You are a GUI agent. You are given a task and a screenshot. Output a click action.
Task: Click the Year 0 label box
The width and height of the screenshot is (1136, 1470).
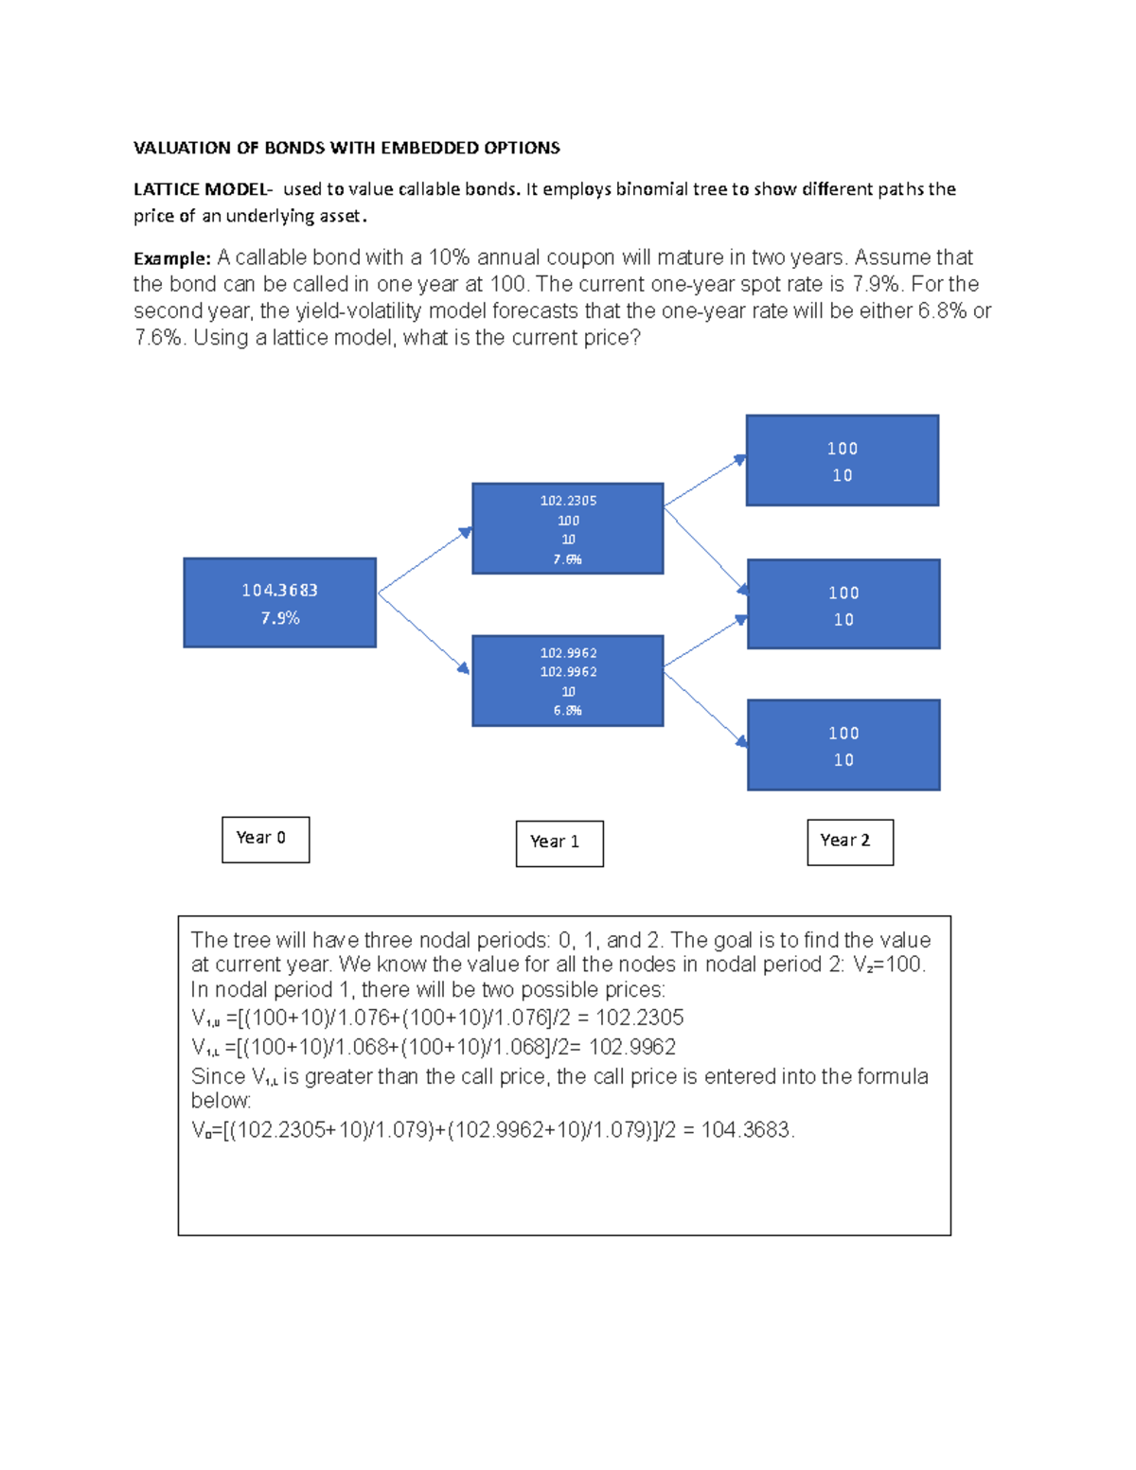[x=265, y=840]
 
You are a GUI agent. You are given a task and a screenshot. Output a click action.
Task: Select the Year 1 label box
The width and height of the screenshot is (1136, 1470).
[x=559, y=843]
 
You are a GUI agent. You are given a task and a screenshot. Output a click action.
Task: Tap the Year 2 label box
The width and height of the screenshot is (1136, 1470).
[x=850, y=841]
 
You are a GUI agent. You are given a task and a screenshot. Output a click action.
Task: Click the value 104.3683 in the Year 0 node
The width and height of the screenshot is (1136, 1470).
[x=279, y=591]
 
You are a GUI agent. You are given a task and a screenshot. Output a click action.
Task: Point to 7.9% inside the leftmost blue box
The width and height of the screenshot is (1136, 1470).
[x=280, y=618]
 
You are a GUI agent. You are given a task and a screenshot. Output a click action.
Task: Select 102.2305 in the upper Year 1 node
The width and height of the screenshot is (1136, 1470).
[x=568, y=501]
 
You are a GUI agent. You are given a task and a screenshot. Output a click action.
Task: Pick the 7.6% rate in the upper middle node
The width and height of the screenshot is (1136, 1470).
[x=567, y=559]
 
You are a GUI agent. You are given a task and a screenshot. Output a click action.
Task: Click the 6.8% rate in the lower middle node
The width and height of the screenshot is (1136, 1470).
[x=567, y=711]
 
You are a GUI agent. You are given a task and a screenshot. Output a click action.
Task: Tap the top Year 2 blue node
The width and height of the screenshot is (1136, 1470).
[x=843, y=461]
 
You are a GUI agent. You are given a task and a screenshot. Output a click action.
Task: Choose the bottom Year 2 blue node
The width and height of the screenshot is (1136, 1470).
[x=843, y=745]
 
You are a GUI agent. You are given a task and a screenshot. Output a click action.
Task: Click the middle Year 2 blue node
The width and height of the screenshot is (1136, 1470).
[x=843, y=605]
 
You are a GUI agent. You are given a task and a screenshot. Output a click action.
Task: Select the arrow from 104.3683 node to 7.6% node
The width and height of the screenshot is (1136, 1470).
[x=424, y=561]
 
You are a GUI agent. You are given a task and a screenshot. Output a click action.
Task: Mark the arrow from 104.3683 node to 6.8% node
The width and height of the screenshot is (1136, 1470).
[x=424, y=632]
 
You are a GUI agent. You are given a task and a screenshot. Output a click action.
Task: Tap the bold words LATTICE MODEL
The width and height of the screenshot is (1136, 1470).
[x=202, y=189]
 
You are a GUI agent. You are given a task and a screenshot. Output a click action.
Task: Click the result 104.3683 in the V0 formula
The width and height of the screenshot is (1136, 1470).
[x=746, y=1130]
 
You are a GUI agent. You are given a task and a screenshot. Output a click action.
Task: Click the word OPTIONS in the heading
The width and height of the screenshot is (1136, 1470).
[x=522, y=148]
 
